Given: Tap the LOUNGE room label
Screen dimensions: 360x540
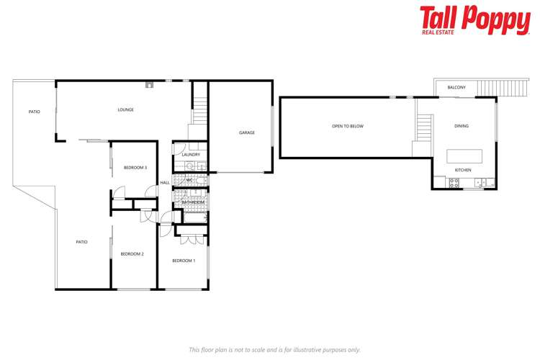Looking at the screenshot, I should (x=126, y=110).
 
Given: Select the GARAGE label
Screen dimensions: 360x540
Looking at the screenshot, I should (x=247, y=132).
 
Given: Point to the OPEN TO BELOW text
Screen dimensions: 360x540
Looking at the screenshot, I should (x=347, y=126).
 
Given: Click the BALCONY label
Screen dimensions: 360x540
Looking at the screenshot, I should (x=456, y=88).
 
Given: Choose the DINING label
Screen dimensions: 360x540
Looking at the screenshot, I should (x=462, y=126).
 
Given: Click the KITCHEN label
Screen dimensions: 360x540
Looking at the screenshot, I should (x=463, y=171).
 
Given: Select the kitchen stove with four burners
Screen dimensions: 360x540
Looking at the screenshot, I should (x=454, y=183).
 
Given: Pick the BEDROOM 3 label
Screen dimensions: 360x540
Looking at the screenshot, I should (x=135, y=168).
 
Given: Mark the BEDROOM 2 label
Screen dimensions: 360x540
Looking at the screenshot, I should (x=132, y=253).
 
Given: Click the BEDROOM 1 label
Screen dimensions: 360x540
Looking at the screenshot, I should (x=184, y=261).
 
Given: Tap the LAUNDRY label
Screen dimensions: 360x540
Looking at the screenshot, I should (x=191, y=154).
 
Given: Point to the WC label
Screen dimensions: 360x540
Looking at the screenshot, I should (x=189, y=180).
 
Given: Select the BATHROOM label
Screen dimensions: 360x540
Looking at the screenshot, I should (x=193, y=202).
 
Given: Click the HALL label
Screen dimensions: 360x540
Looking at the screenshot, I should (x=165, y=183).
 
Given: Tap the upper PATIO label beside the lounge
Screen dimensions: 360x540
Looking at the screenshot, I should (x=34, y=112).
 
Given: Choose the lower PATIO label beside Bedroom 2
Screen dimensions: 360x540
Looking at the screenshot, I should (x=81, y=242).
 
